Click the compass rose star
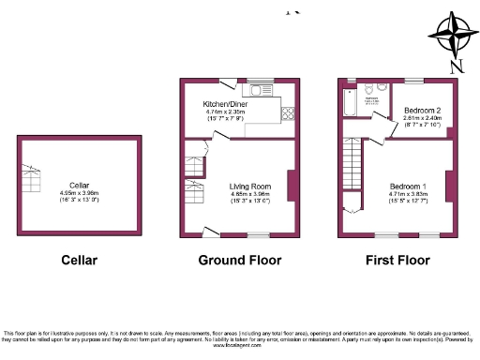(x=457, y=36)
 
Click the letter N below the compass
(x=457, y=67)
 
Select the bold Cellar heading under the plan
(x=79, y=260)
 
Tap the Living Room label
(x=250, y=186)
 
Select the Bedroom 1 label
(x=409, y=186)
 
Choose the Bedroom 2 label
(x=422, y=110)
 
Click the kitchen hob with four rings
(x=287, y=115)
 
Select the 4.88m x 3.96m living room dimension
(x=250, y=193)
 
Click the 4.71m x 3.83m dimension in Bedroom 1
(x=409, y=193)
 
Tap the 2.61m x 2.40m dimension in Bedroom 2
(x=422, y=118)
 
